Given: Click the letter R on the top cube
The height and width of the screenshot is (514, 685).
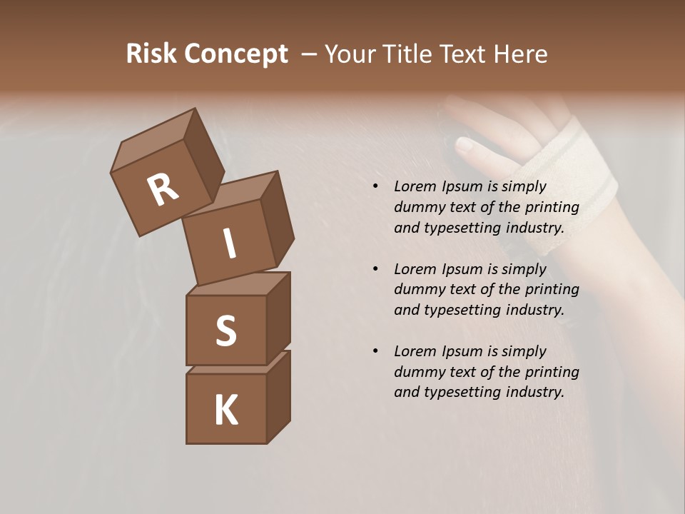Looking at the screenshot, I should [x=163, y=190].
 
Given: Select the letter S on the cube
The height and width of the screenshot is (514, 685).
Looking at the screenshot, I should [x=225, y=331].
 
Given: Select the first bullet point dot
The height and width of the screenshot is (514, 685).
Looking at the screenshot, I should [x=375, y=187].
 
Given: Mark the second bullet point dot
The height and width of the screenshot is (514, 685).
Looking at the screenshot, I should [x=375, y=269].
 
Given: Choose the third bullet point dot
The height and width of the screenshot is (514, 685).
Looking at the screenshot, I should [x=375, y=351].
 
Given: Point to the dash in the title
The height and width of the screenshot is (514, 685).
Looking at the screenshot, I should [x=309, y=54].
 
